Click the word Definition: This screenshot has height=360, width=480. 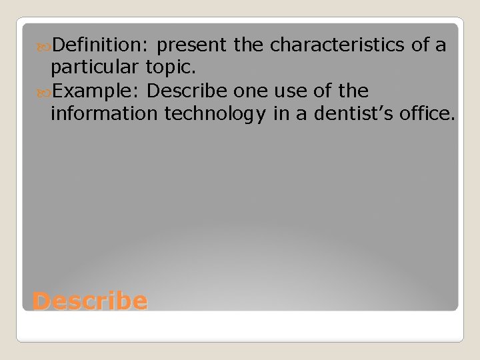[101, 45]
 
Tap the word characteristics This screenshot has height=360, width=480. [337, 45]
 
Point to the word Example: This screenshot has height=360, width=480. [97, 91]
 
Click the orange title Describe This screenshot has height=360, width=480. [89, 301]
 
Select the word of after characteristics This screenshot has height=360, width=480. [421, 45]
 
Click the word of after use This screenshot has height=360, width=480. [323, 91]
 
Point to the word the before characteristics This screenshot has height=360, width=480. [249, 45]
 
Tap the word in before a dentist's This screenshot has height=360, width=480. [281, 113]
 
